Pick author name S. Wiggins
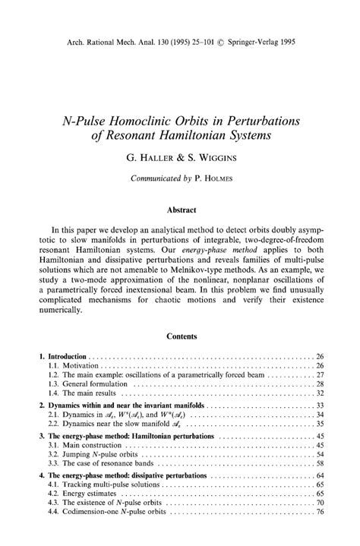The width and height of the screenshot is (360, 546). point(210,160)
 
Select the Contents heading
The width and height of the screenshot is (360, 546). point(179,335)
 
